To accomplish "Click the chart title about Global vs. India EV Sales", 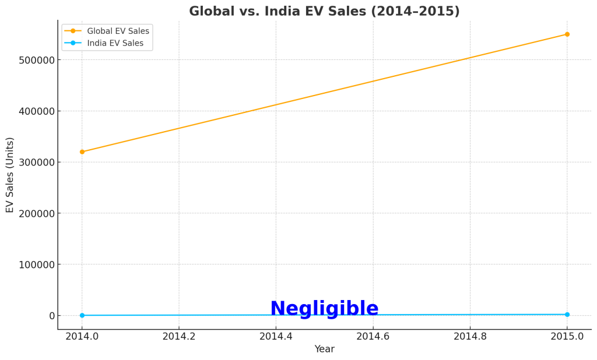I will (x=324, y=12).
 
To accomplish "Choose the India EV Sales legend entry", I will (x=115, y=43).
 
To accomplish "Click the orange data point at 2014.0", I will (x=82, y=151).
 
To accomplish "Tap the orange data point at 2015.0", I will (x=567, y=34).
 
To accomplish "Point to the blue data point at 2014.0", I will (x=82, y=315).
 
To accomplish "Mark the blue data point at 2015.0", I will (x=567, y=315).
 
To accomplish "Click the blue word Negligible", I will (x=324, y=309).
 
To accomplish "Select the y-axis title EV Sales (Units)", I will (x=10, y=175).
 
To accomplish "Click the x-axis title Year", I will (x=324, y=349).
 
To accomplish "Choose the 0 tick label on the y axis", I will (x=51, y=316).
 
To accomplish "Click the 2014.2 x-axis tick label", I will (x=179, y=336).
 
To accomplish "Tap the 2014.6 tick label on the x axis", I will (x=373, y=336).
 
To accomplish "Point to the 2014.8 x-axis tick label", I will (x=470, y=336).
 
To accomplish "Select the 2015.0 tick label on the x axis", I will (x=567, y=336).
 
